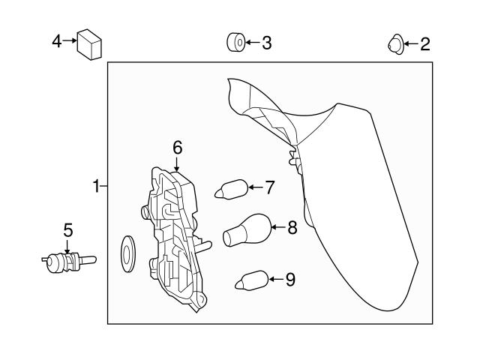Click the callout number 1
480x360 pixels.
tap(96, 185)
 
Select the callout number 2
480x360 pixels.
tap(424, 44)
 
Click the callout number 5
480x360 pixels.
tap(67, 230)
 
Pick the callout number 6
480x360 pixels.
tap(177, 147)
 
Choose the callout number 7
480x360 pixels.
tap(269, 186)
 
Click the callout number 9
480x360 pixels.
tap(289, 280)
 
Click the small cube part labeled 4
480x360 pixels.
tap(90, 44)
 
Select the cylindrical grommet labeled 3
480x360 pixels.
tap(235, 43)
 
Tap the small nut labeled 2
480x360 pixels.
tap(394, 45)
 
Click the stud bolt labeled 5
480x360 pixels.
tap(67, 262)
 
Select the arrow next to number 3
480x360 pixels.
tap(251, 43)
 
